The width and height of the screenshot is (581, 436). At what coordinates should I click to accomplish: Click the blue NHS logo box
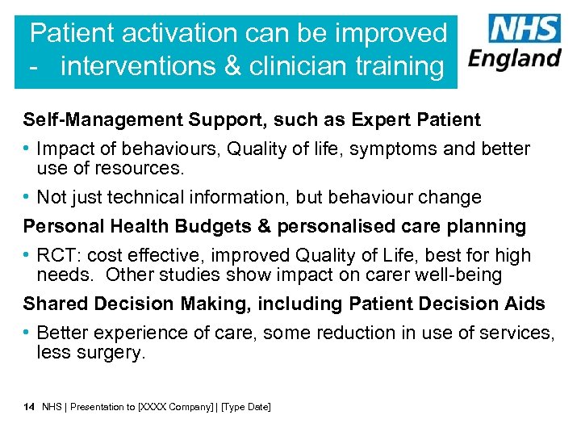click(525, 29)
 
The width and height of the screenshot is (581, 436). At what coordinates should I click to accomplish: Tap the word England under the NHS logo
click(515, 59)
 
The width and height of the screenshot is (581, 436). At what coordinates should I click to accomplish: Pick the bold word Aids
click(526, 304)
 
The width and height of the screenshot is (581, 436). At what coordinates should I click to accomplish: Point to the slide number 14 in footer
click(29, 407)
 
